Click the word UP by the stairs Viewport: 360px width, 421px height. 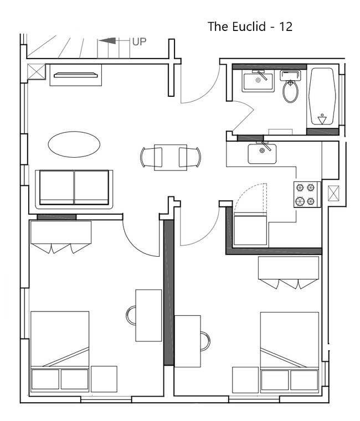click(x=139, y=41)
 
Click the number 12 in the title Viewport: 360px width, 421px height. click(x=285, y=27)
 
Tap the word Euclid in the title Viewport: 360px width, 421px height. click(x=249, y=27)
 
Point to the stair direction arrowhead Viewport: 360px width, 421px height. click(x=107, y=41)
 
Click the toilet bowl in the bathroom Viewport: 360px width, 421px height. click(x=290, y=91)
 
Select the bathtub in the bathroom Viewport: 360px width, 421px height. click(x=322, y=96)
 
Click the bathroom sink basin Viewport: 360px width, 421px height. click(x=258, y=81)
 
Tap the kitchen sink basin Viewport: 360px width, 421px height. click(x=262, y=154)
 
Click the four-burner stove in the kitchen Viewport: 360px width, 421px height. click(x=307, y=194)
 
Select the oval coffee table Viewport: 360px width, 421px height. click(x=74, y=144)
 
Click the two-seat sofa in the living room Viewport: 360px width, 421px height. click(x=74, y=189)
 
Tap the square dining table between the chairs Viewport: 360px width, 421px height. click(x=171, y=157)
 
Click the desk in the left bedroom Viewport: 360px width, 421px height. click(x=148, y=315)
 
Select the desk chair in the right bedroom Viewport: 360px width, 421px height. click(x=205, y=341)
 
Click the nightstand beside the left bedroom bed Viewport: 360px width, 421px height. click(x=104, y=379)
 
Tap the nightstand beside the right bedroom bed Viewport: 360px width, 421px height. click(x=246, y=380)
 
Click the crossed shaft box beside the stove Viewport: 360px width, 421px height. click(x=333, y=193)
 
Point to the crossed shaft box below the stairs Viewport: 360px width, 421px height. click(x=36, y=72)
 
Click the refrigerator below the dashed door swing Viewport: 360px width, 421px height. click(x=250, y=230)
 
